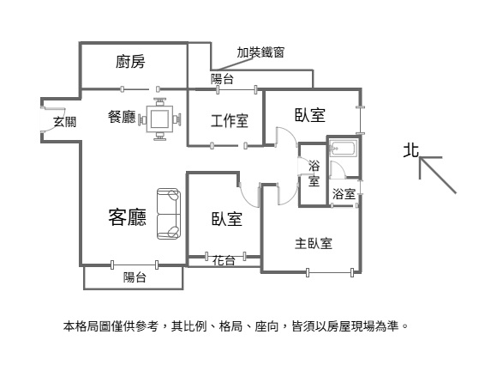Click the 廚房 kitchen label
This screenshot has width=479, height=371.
click(130, 62)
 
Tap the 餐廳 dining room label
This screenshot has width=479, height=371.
click(122, 117)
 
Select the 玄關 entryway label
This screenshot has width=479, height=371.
click(64, 122)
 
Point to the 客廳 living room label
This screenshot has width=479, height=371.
click(128, 216)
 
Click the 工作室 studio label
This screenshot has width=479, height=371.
click(230, 120)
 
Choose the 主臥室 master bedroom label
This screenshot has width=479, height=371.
click(314, 243)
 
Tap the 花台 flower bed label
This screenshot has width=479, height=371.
click(224, 260)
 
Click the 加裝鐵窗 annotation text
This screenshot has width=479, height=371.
click(260, 52)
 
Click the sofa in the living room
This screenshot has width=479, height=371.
click(168, 214)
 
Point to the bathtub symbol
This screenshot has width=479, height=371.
click(344, 149)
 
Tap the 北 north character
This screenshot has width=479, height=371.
click(410, 150)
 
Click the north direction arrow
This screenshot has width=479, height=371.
click(438, 175)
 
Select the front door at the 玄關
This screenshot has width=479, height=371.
click(52, 120)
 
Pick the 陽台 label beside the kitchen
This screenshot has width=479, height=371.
click(222, 79)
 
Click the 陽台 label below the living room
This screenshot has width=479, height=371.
click(135, 277)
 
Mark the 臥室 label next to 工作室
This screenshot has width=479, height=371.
click(309, 115)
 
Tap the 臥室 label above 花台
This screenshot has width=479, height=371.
click(227, 219)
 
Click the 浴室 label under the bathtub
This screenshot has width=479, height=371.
click(344, 194)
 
